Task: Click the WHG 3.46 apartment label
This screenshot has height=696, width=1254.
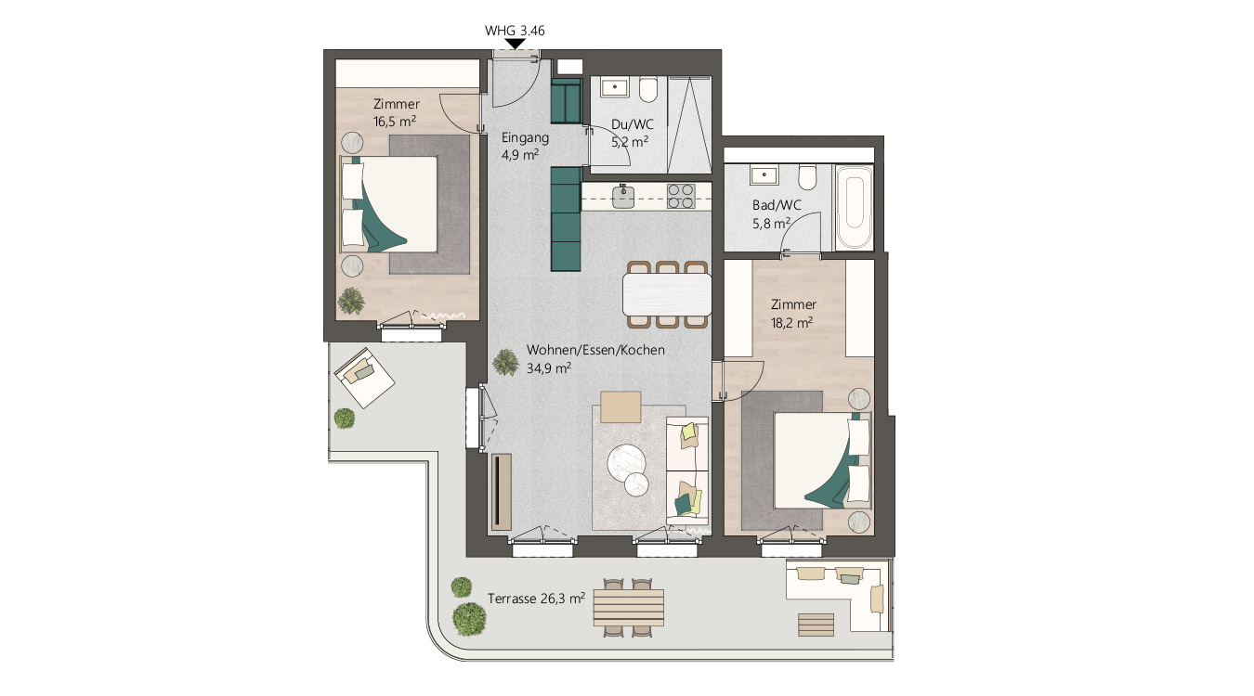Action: [515, 31]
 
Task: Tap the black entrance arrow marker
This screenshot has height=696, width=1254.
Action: [515, 44]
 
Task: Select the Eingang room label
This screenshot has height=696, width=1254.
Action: [525, 137]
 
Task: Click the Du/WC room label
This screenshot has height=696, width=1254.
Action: [632, 124]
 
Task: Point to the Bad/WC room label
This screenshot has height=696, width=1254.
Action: [777, 205]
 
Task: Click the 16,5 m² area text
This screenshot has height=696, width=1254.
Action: [395, 121]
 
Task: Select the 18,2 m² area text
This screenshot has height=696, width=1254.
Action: [791, 322]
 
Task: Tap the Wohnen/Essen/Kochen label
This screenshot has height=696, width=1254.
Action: [595, 350]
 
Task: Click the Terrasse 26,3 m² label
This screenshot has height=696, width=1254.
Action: [536, 598]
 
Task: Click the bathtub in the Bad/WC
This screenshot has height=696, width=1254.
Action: [854, 207]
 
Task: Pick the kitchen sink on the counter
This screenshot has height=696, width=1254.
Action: [623, 197]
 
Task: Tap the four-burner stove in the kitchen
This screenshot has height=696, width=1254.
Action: [681, 197]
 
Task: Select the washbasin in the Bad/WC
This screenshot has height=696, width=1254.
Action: [764, 175]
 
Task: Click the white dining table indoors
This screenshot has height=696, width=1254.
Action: [667, 294]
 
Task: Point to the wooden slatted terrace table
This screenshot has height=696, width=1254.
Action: [629, 608]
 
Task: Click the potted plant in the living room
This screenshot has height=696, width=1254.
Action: [505, 362]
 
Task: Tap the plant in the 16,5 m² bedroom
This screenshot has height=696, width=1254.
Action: [351, 301]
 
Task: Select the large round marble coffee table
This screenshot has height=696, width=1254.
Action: [626, 463]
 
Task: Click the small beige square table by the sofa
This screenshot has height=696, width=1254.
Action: [620, 406]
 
